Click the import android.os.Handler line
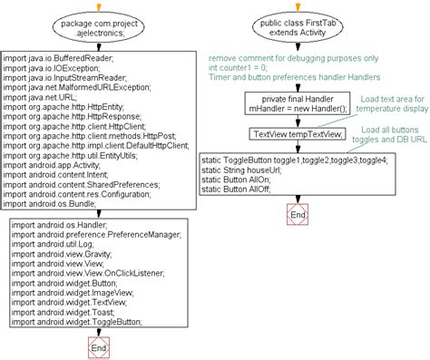[x=56, y=224]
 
